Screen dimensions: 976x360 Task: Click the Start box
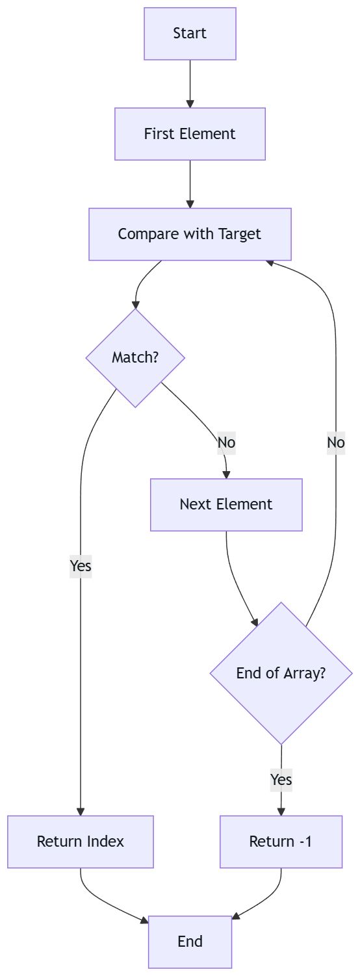(190, 34)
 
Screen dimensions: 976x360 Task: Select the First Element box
(190, 134)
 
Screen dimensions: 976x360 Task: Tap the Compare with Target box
(190, 234)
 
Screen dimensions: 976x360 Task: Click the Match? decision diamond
(135, 357)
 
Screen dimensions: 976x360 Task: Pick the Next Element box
(226, 504)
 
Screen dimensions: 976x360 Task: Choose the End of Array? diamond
(281, 673)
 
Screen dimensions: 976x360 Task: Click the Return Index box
(81, 841)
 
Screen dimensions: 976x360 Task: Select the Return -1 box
(281, 841)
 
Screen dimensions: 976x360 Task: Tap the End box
(190, 942)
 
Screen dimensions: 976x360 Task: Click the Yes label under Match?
(81, 566)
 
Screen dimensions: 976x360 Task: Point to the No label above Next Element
(226, 443)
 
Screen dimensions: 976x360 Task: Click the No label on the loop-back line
(336, 443)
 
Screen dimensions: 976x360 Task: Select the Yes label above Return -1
(281, 778)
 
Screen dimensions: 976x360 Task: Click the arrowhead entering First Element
(190, 103)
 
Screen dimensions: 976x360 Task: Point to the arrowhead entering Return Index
(81, 811)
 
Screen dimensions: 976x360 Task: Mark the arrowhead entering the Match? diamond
(135, 304)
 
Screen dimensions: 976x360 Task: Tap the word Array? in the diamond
(303, 673)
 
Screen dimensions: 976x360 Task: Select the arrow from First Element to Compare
(190, 183)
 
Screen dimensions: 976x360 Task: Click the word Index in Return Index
(105, 841)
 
